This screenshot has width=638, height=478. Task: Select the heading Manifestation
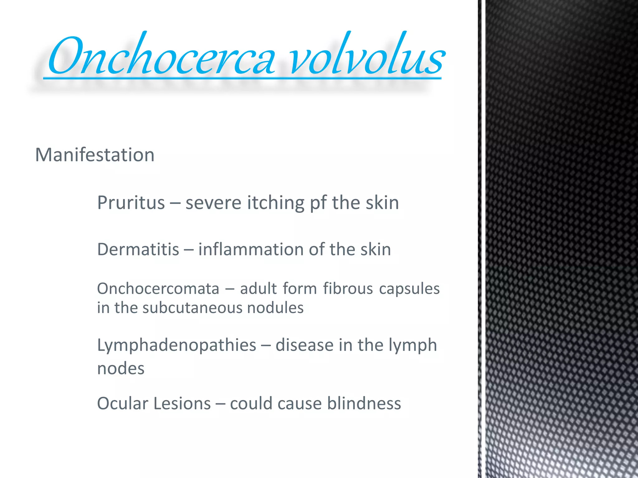(x=95, y=155)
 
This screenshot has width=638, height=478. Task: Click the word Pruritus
(x=131, y=203)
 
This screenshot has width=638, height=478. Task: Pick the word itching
(x=276, y=203)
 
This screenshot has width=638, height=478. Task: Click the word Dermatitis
(x=138, y=250)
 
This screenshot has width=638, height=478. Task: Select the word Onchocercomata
(x=158, y=288)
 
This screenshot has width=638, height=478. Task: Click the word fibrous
(x=348, y=288)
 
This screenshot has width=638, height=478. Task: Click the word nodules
(x=275, y=308)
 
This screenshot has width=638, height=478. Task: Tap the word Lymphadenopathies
(x=177, y=345)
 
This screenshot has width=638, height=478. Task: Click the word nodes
(x=121, y=369)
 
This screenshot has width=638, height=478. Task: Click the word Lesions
(x=182, y=404)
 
